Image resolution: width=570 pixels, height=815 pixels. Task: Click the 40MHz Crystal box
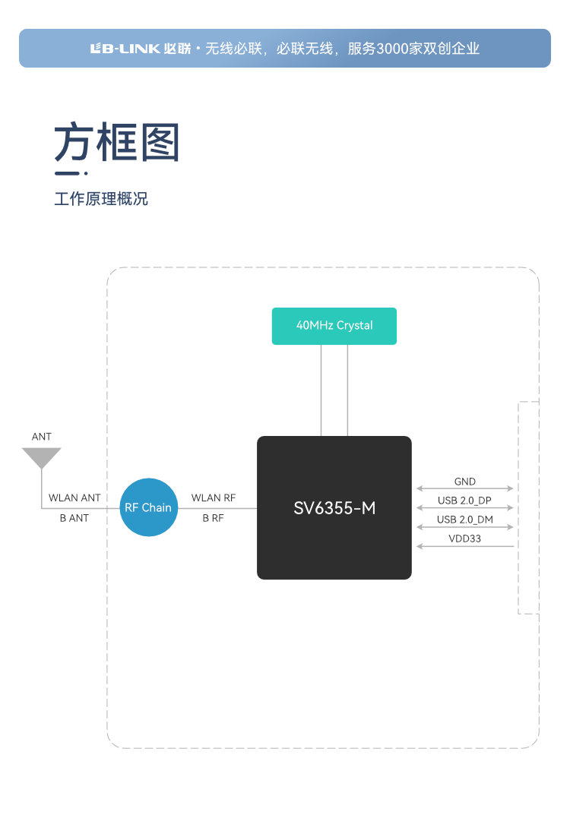(x=334, y=326)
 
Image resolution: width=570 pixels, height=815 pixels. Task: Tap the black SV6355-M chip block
(x=334, y=507)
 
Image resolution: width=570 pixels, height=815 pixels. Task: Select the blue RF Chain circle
(x=148, y=507)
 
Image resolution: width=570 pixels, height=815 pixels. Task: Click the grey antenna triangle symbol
(x=42, y=457)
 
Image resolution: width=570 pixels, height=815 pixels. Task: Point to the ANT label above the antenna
(x=42, y=437)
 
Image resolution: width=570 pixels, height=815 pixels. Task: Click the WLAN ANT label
(x=74, y=498)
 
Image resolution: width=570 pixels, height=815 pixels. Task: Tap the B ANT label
(x=74, y=518)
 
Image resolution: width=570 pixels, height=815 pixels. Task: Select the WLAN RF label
(x=214, y=498)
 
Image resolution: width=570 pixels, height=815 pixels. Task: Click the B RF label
(x=214, y=518)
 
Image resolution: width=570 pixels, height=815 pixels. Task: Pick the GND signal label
(x=465, y=482)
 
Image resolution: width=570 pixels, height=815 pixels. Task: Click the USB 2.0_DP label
(x=465, y=501)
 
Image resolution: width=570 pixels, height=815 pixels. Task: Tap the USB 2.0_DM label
(x=465, y=520)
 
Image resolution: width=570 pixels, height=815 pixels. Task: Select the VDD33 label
(x=465, y=539)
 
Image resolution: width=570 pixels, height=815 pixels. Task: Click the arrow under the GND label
(x=465, y=489)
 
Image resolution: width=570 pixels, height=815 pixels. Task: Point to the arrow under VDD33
(x=465, y=546)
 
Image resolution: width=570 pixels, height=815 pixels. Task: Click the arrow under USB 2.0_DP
(x=465, y=508)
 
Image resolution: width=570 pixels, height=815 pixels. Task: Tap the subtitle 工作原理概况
(x=101, y=199)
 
